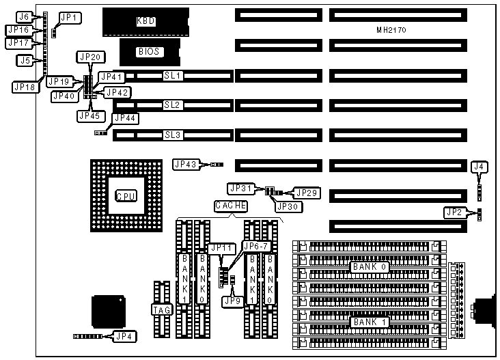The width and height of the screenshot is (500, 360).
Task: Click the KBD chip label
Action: click(x=146, y=21)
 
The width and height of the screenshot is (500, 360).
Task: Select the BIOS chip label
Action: click(x=150, y=51)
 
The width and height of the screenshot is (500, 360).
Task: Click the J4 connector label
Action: click(x=480, y=166)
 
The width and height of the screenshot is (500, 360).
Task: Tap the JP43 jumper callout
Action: click(x=186, y=164)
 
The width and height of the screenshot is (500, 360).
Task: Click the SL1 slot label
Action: click(x=172, y=76)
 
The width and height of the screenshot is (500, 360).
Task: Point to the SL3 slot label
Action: click(x=172, y=135)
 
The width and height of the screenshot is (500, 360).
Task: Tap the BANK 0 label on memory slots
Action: click(x=370, y=267)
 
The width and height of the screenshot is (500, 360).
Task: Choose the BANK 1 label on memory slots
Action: click(x=370, y=321)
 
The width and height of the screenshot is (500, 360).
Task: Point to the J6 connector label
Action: click(x=25, y=16)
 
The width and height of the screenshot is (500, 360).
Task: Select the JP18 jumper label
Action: click(x=25, y=87)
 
